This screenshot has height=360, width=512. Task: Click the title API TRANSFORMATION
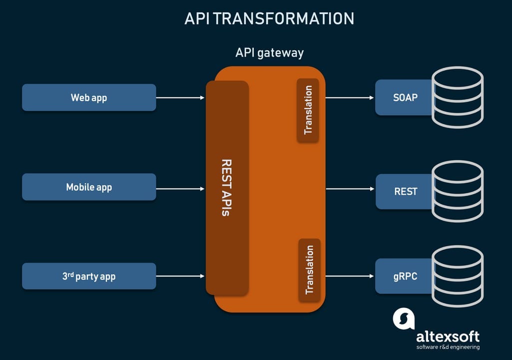click(269, 18)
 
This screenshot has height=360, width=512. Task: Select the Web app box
click(89, 97)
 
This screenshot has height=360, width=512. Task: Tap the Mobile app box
click(89, 187)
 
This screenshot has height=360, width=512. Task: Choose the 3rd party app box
click(89, 276)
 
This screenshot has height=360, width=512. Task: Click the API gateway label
click(269, 52)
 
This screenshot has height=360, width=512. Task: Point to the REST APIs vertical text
click(226, 187)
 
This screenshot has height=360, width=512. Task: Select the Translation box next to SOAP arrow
click(308, 110)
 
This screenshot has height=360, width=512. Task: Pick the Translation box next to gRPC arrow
click(309, 270)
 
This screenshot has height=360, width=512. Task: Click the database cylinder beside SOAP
click(458, 97)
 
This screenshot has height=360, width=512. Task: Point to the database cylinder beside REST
click(458, 191)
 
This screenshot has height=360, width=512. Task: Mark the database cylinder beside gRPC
click(458, 276)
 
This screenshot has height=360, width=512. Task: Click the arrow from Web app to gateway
click(180, 97)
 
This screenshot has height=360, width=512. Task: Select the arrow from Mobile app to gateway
click(180, 188)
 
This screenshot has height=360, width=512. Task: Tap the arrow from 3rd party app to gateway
click(180, 276)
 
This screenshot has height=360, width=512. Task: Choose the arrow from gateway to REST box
click(350, 188)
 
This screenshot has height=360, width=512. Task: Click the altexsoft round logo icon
click(404, 318)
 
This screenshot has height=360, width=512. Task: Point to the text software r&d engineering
click(448, 347)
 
